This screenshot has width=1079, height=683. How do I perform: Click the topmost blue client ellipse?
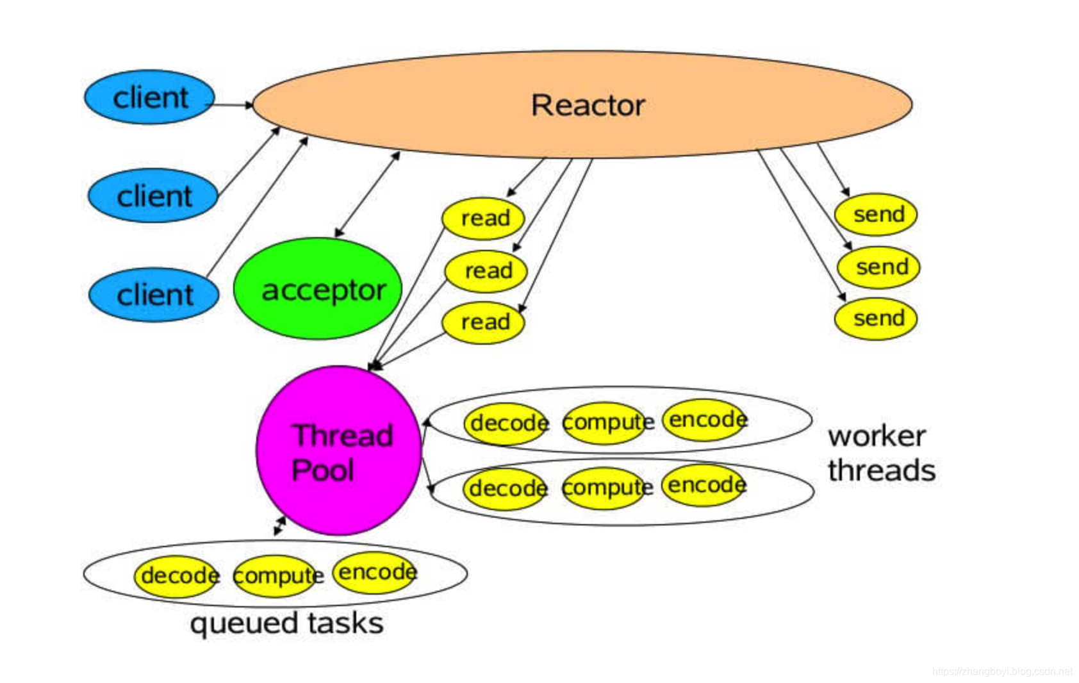pyautogui.click(x=149, y=97)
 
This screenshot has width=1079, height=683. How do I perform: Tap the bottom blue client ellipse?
pyautogui.click(x=154, y=295)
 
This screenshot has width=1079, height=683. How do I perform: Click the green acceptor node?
pyautogui.click(x=318, y=289)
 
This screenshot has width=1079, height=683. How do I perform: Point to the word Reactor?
pyautogui.click(x=588, y=105)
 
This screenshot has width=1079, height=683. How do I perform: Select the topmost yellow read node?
pyautogui.click(x=483, y=218)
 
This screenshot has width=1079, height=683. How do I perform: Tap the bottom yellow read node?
pyautogui.click(x=483, y=322)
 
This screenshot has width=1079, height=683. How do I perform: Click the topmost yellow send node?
pyautogui.click(x=876, y=214)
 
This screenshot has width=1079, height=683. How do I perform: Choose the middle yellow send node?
pyautogui.click(x=878, y=267)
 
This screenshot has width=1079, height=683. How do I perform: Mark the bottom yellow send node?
pyautogui.click(x=876, y=318)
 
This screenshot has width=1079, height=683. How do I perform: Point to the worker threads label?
pyautogui.click(x=880, y=452)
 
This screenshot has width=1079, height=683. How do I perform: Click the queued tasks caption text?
pyautogui.click(x=286, y=623)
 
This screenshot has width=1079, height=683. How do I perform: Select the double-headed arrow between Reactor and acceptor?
pyautogui.click(x=368, y=194)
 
